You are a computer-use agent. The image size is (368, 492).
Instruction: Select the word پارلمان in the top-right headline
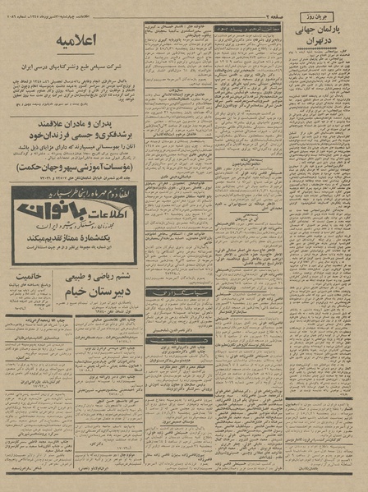(x=337, y=28)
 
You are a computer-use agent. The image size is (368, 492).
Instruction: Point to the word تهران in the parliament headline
(x=319, y=40)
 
